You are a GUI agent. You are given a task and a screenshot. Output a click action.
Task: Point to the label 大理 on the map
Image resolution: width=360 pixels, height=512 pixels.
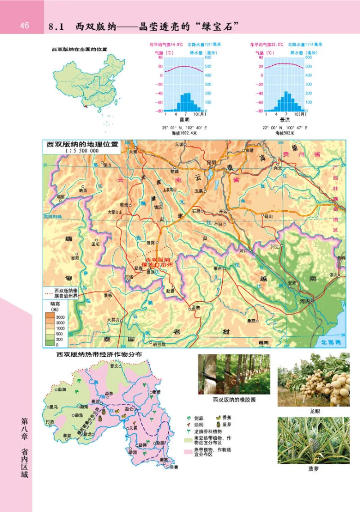tap(132, 152)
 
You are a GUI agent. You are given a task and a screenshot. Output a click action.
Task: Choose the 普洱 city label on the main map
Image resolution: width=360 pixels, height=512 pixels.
tap(145, 242)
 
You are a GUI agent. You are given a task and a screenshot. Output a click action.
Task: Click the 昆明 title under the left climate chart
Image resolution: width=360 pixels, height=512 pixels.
tap(184, 120)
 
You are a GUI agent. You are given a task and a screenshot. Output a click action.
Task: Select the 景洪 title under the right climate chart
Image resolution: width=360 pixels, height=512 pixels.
tap(284, 120)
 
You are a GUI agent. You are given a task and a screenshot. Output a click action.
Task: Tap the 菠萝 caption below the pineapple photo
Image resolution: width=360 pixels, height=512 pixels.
tap(314, 468)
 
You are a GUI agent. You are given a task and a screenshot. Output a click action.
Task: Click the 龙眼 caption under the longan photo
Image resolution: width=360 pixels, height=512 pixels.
tap(314, 411)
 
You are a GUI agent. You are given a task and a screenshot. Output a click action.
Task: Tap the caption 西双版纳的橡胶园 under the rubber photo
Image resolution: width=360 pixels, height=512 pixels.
tap(234, 400)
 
